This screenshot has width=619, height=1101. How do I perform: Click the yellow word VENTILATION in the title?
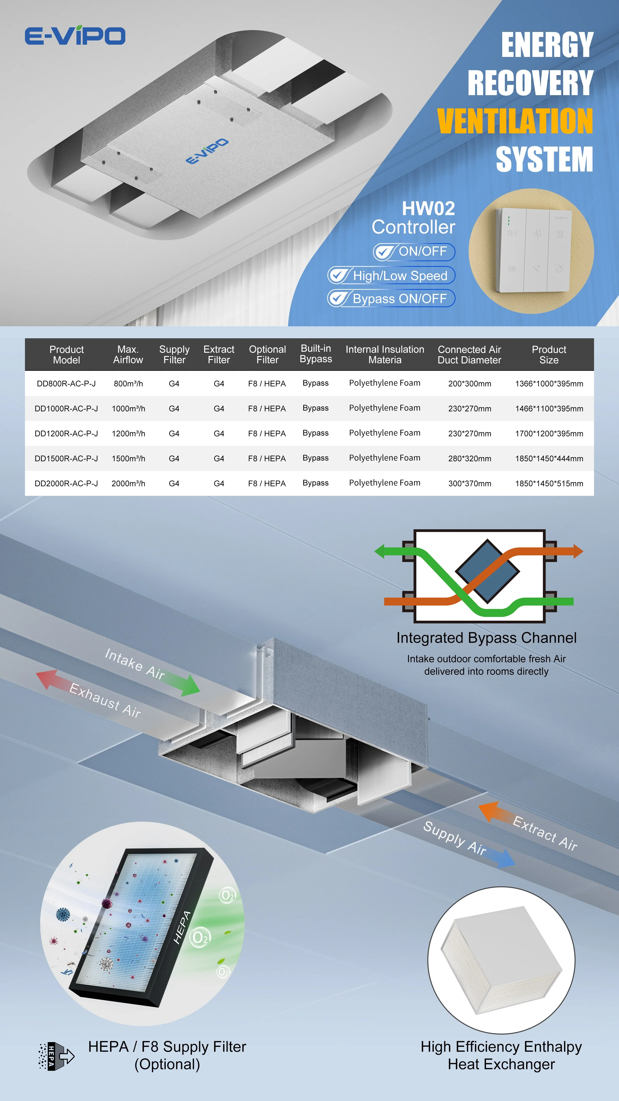tap(515, 121)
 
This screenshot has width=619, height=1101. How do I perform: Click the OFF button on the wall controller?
tap(513, 234)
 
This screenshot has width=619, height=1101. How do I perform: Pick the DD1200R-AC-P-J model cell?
tap(66, 433)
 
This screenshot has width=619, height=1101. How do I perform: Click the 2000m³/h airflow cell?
tap(128, 483)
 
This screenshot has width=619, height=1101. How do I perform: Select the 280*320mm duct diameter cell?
tap(469, 458)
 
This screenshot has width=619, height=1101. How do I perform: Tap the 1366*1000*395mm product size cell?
tap(549, 383)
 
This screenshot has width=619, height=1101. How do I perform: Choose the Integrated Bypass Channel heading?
tap(486, 638)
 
